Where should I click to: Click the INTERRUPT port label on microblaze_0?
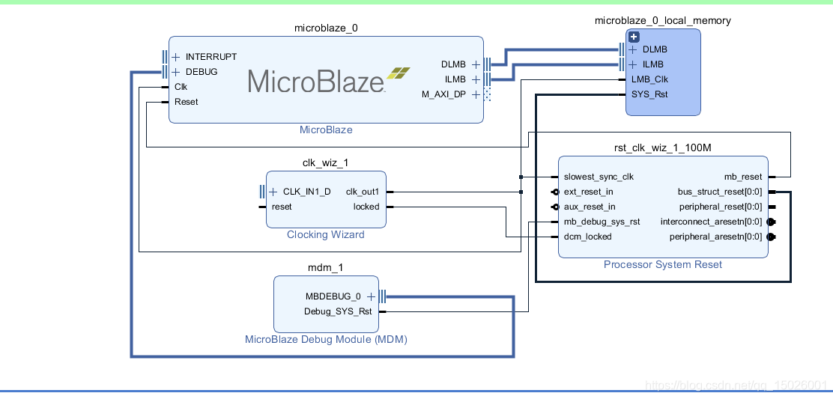click(210, 57)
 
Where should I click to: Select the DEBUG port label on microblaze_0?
click(201, 72)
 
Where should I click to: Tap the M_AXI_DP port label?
click(443, 94)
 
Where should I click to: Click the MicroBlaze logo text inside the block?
click(316, 81)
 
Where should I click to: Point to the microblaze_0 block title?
click(326, 28)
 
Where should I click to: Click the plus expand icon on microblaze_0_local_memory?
click(634, 37)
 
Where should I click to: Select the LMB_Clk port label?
click(649, 79)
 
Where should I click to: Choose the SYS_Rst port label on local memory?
click(649, 94)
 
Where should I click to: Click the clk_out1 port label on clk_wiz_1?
click(363, 192)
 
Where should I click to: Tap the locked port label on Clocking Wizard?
click(366, 207)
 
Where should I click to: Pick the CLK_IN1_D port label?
click(306, 192)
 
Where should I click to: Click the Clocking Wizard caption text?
click(326, 235)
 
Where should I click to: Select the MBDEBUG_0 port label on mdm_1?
click(333, 296)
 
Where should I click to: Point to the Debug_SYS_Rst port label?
click(338, 311)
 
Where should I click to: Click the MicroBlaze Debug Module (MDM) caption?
click(326, 340)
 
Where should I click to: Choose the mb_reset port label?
click(742, 177)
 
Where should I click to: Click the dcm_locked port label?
click(587, 237)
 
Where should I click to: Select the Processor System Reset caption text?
click(663, 265)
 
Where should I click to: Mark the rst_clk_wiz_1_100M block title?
click(663, 148)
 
